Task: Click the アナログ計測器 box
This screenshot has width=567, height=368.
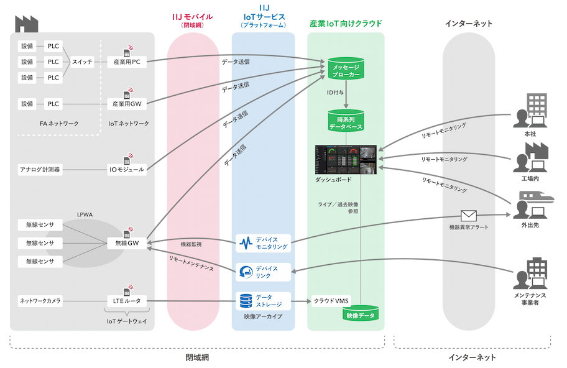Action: pyautogui.click(x=40, y=169)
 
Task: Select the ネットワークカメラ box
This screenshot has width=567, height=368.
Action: pyautogui.click(x=40, y=301)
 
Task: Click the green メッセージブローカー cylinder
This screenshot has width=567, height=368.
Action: pyautogui.click(x=345, y=68)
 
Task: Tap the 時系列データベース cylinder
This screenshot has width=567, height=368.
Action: pyautogui.click(x=345, y=122)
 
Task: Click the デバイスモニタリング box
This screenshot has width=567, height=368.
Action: pyautogui.click(x=264, y=243)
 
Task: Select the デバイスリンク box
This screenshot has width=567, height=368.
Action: pyautogui.click(x=264, y=272)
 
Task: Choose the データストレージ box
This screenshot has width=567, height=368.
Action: pyautogui.click(x=264, y=301)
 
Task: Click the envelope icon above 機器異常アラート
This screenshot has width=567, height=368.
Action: pyautogui.click(x=468, y=216)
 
